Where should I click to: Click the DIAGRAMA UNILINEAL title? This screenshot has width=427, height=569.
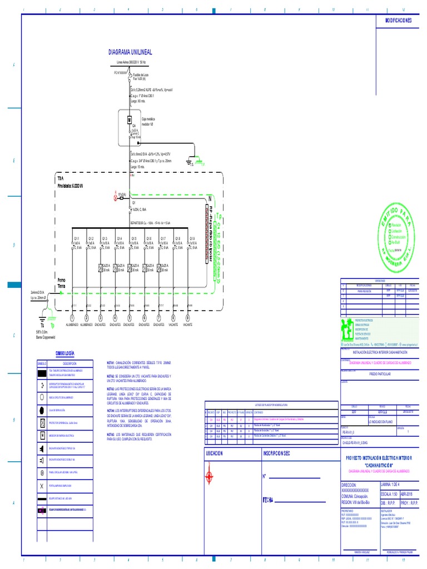click(131, 52)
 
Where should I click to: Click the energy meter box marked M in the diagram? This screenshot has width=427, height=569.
click(129, 119)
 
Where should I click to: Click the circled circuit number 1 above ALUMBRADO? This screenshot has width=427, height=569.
click(73, 318)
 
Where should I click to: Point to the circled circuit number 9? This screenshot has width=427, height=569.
click(188, 318)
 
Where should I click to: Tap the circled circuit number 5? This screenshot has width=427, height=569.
click(130, 318)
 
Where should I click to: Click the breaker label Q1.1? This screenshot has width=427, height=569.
click(76, 238)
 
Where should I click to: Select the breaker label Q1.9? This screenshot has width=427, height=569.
click(192, 238)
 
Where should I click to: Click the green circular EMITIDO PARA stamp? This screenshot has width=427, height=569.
click(396, 232)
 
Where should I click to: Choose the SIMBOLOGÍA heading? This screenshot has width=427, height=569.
click(64, 353)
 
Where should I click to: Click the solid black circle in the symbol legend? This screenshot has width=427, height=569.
click(42, 410)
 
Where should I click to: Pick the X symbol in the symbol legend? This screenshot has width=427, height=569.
click(42, 485)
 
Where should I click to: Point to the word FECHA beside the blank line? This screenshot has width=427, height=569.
click(269, 500)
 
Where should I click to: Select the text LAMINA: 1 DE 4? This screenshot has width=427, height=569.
click(392, 485)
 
